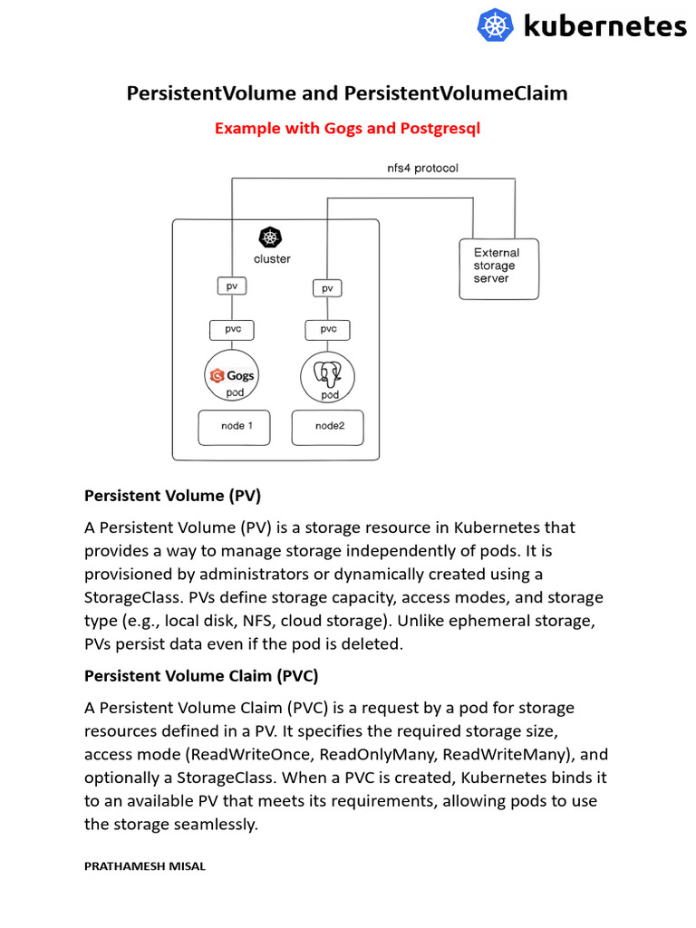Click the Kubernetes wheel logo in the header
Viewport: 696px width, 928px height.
coord(495,25)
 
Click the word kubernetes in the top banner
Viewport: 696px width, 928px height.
coord(604,25)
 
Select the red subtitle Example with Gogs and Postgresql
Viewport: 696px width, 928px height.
coord(347,128)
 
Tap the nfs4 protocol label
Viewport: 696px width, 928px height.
coord(422,168)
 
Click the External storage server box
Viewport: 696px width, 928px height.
coord(498,268)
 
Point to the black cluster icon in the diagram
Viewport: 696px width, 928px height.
coord(270,237)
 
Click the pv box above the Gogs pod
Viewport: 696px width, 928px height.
coord(232,285)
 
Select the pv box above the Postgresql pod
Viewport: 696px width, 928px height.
coord(327,288)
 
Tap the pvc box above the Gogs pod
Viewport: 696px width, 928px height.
coord(232,329)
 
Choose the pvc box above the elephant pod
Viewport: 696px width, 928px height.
coord(328,329)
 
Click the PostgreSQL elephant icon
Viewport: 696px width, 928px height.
coord(326,373)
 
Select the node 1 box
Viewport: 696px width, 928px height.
coord(234,427)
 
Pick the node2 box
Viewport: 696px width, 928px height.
coord(328,427)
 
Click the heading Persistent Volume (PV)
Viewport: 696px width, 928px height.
coord(172,496)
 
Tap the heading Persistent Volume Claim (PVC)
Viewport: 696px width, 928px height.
coord(201,676)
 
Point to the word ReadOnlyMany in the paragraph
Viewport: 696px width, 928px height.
coord(387,754)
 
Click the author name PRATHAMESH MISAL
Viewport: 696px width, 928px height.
coord(145,866)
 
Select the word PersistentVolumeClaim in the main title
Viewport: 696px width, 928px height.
coord(456,93)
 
